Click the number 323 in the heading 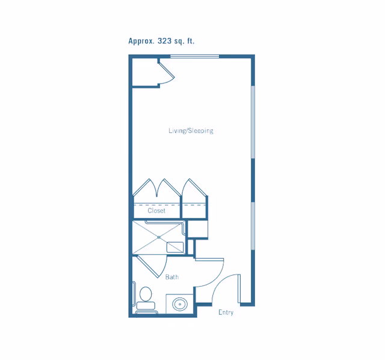164,41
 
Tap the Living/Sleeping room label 191,131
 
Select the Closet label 156,211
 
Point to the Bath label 172,277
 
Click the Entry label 226,312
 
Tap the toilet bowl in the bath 146,294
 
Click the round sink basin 180,304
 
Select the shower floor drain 159,237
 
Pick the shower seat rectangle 175,247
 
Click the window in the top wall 195,56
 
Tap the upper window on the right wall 253,122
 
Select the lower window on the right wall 253,226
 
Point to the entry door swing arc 222,282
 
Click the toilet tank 146,306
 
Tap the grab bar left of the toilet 134,294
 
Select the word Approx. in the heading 141,41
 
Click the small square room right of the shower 198,229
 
